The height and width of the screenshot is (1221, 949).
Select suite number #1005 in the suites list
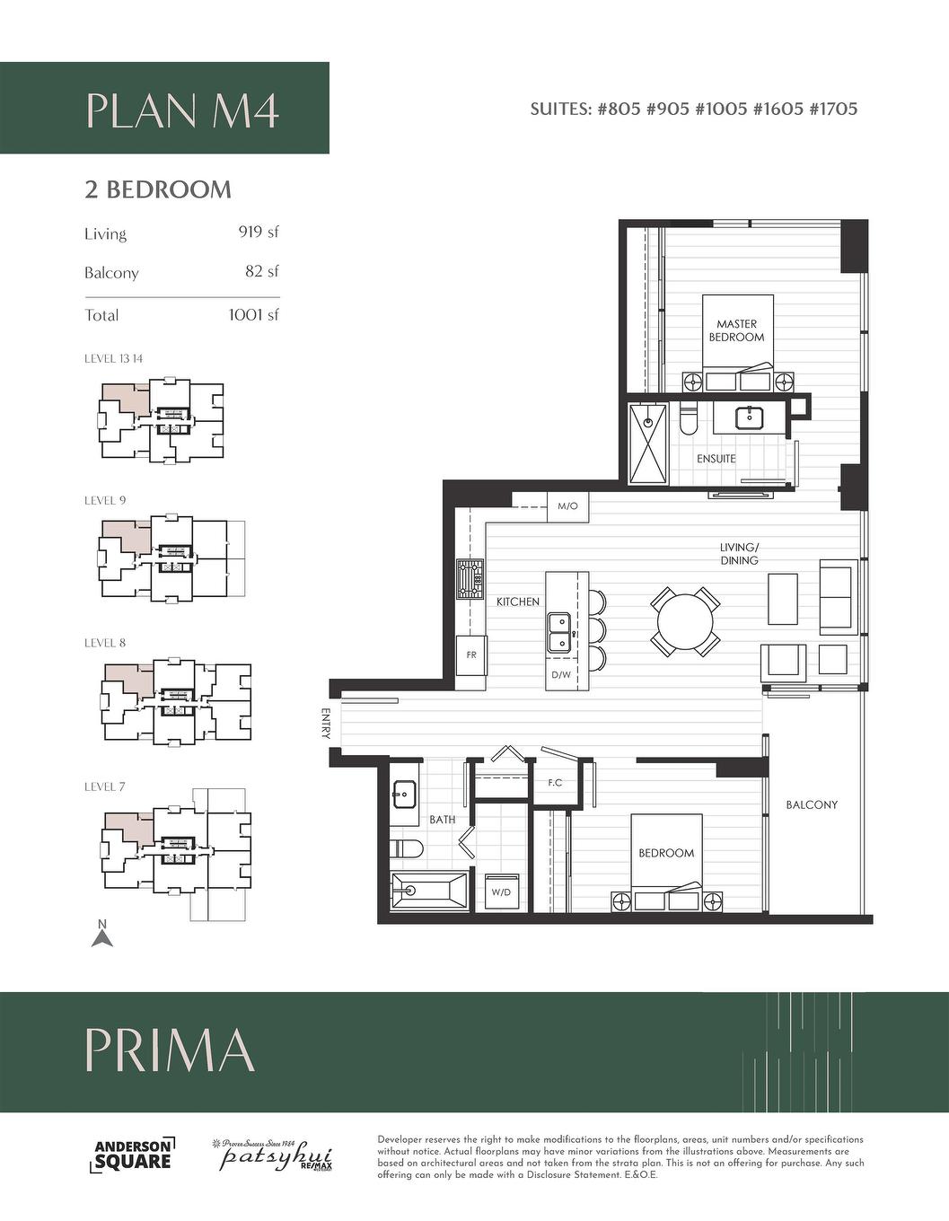coord(723,110)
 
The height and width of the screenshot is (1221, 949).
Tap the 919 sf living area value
coord(259,232)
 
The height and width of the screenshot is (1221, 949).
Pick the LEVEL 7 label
coord(105,787)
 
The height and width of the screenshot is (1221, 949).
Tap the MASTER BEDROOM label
coord(736,330)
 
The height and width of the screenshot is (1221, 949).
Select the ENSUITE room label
coord(716,459)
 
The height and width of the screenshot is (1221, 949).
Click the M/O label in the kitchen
coord(567,506)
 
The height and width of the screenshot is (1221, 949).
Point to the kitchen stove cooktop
coord(470,579)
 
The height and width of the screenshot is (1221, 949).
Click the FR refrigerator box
coord(470,655)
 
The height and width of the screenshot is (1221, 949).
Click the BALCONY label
coord(812,805)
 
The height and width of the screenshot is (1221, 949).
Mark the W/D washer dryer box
coord(500,892)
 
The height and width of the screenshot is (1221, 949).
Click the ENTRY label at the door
coord(325,724)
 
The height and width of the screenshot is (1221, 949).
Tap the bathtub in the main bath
coord(430,892)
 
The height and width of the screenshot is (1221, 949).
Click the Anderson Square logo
coord(134,1155)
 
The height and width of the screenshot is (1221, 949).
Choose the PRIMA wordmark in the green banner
coord(170,1050)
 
